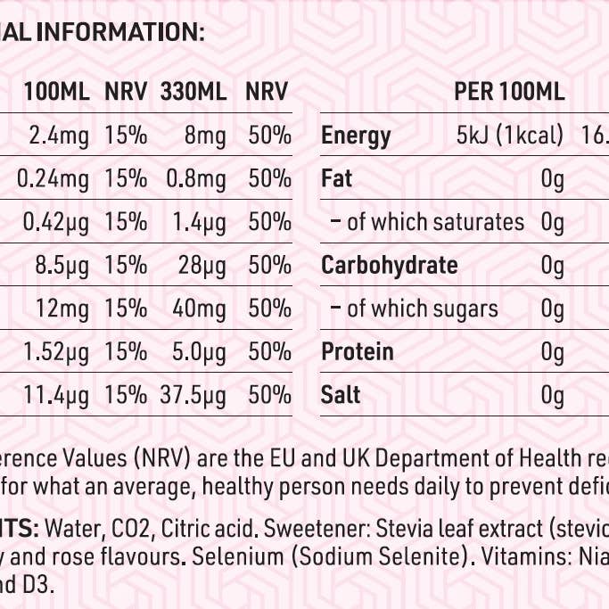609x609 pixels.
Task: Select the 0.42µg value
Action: coord(53,222)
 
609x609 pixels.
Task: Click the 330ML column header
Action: coord(193,92)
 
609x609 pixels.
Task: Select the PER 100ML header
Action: coord(509,92)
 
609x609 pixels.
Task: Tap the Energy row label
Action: coord(356,136)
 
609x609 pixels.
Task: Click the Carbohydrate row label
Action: coord(389,266)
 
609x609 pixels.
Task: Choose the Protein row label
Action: coord(357,351)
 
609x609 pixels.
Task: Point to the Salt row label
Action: coord(341,394)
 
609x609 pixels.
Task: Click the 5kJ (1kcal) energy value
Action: coord(509,136)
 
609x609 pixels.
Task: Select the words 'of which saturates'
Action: coord(435,222)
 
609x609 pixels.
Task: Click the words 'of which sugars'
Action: coord(422,309)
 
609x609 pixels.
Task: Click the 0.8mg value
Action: coord(196,179)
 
